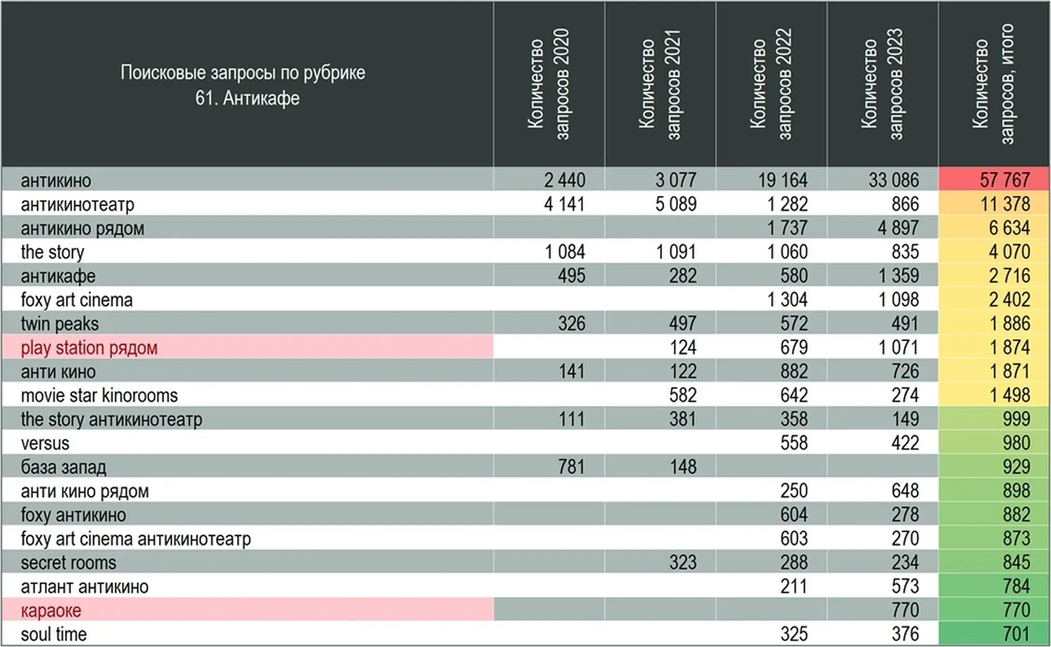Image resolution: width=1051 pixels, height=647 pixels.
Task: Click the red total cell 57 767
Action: click(1004, 180)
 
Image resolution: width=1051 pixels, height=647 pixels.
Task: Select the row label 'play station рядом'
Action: click(89, 348)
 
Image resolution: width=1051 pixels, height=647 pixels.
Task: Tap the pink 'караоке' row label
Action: click(51, 610)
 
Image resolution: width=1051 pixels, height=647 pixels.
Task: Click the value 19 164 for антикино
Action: click(783, 180)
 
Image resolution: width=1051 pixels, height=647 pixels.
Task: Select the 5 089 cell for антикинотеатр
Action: click(676, 204)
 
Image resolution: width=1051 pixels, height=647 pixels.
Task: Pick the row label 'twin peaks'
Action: click(59, 324)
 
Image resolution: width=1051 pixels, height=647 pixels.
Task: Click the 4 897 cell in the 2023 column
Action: click(898, 228)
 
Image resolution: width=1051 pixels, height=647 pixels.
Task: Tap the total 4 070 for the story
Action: click(1009, 252)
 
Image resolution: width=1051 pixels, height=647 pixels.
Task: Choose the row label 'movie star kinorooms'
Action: click(99, 396)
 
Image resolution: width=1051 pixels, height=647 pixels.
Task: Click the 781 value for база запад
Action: click(571, 467)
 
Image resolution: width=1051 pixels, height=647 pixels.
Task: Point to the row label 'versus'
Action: click(45, 444)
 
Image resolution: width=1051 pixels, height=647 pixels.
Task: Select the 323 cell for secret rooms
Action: click(682, 563)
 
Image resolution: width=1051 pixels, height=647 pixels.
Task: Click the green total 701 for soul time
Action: click(1016, 634)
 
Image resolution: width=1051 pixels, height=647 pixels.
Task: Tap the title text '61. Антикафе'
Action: click(247, 98)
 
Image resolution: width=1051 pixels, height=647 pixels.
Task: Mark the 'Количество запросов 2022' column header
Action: click(771, 84)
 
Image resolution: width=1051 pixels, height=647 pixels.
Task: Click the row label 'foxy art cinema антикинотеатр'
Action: click(136, 539)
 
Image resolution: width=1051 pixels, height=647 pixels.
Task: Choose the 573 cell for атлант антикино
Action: click(905, 586)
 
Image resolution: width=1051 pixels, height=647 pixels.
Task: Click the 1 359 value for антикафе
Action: click(898, 276)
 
